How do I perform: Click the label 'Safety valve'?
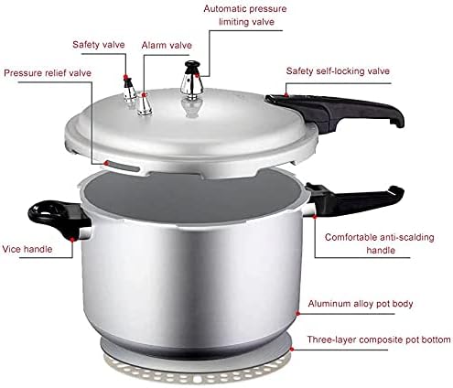point(99,43)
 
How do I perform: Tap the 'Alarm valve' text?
point(167,43)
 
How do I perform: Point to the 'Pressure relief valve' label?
point(46,72)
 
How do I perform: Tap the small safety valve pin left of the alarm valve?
point(130,91)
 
